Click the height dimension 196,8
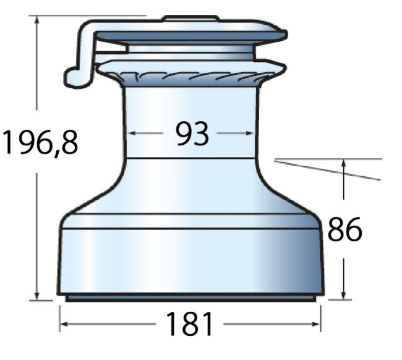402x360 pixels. (40, 142)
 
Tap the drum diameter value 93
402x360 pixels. (192, 134)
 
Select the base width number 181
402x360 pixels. (189, 324)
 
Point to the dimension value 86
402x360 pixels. (345, 229)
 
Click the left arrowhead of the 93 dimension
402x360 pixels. (132, 133)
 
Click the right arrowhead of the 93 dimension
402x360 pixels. (249, 133)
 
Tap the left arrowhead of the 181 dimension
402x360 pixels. (64, 324)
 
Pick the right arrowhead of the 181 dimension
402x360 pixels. (316, 324)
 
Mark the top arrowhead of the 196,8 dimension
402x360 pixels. (38, 20)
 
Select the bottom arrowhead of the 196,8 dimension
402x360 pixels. (38, 296)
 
